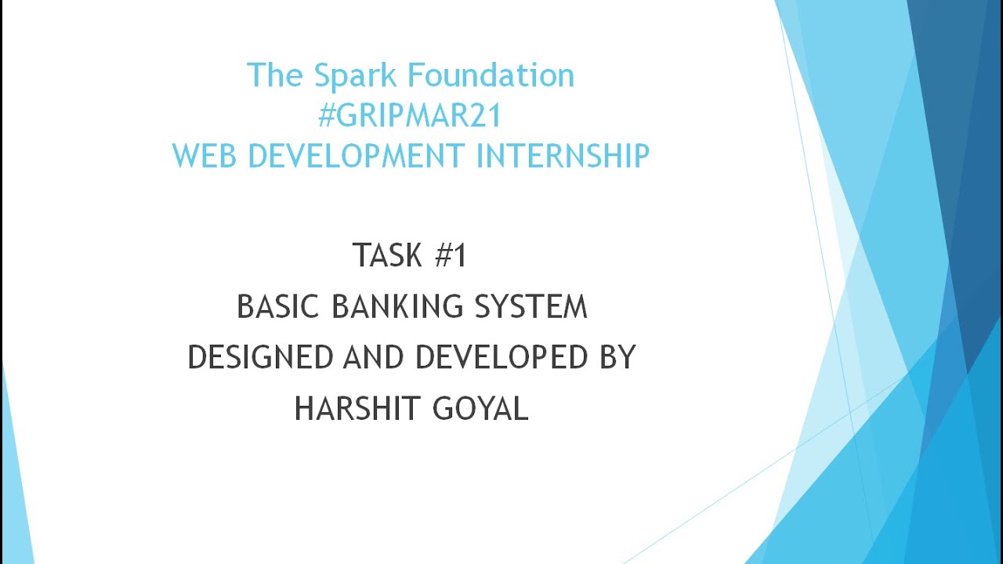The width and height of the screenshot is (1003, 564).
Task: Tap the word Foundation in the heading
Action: tap(492, 76)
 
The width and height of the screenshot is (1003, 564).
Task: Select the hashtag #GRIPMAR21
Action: tap(409, 115)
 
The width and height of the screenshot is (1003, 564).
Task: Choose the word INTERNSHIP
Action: tap(563, 155)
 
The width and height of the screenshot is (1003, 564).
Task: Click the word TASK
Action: tap(387, 256)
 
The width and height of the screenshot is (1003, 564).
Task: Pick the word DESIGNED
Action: tap(260, 357)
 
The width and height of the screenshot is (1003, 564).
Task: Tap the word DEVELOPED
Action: tap(501, 357)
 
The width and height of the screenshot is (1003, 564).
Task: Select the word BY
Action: tap(617, 357)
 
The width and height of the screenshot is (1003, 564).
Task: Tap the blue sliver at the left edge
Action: tap(14, 486)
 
